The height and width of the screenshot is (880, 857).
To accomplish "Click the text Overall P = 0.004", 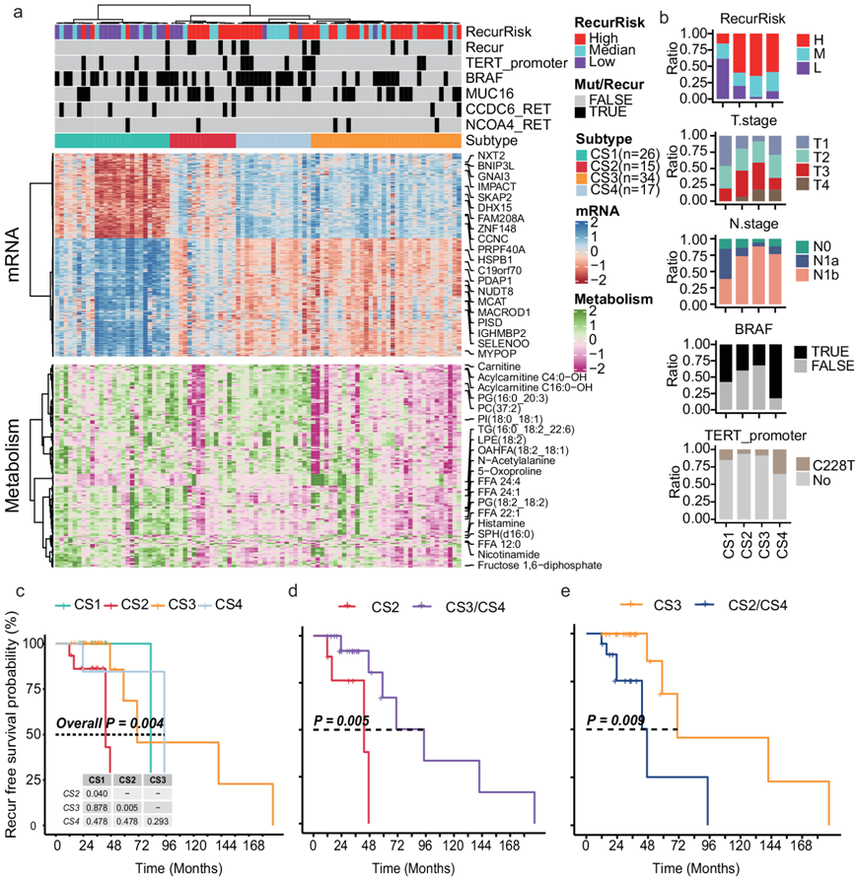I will coord(109,723).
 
